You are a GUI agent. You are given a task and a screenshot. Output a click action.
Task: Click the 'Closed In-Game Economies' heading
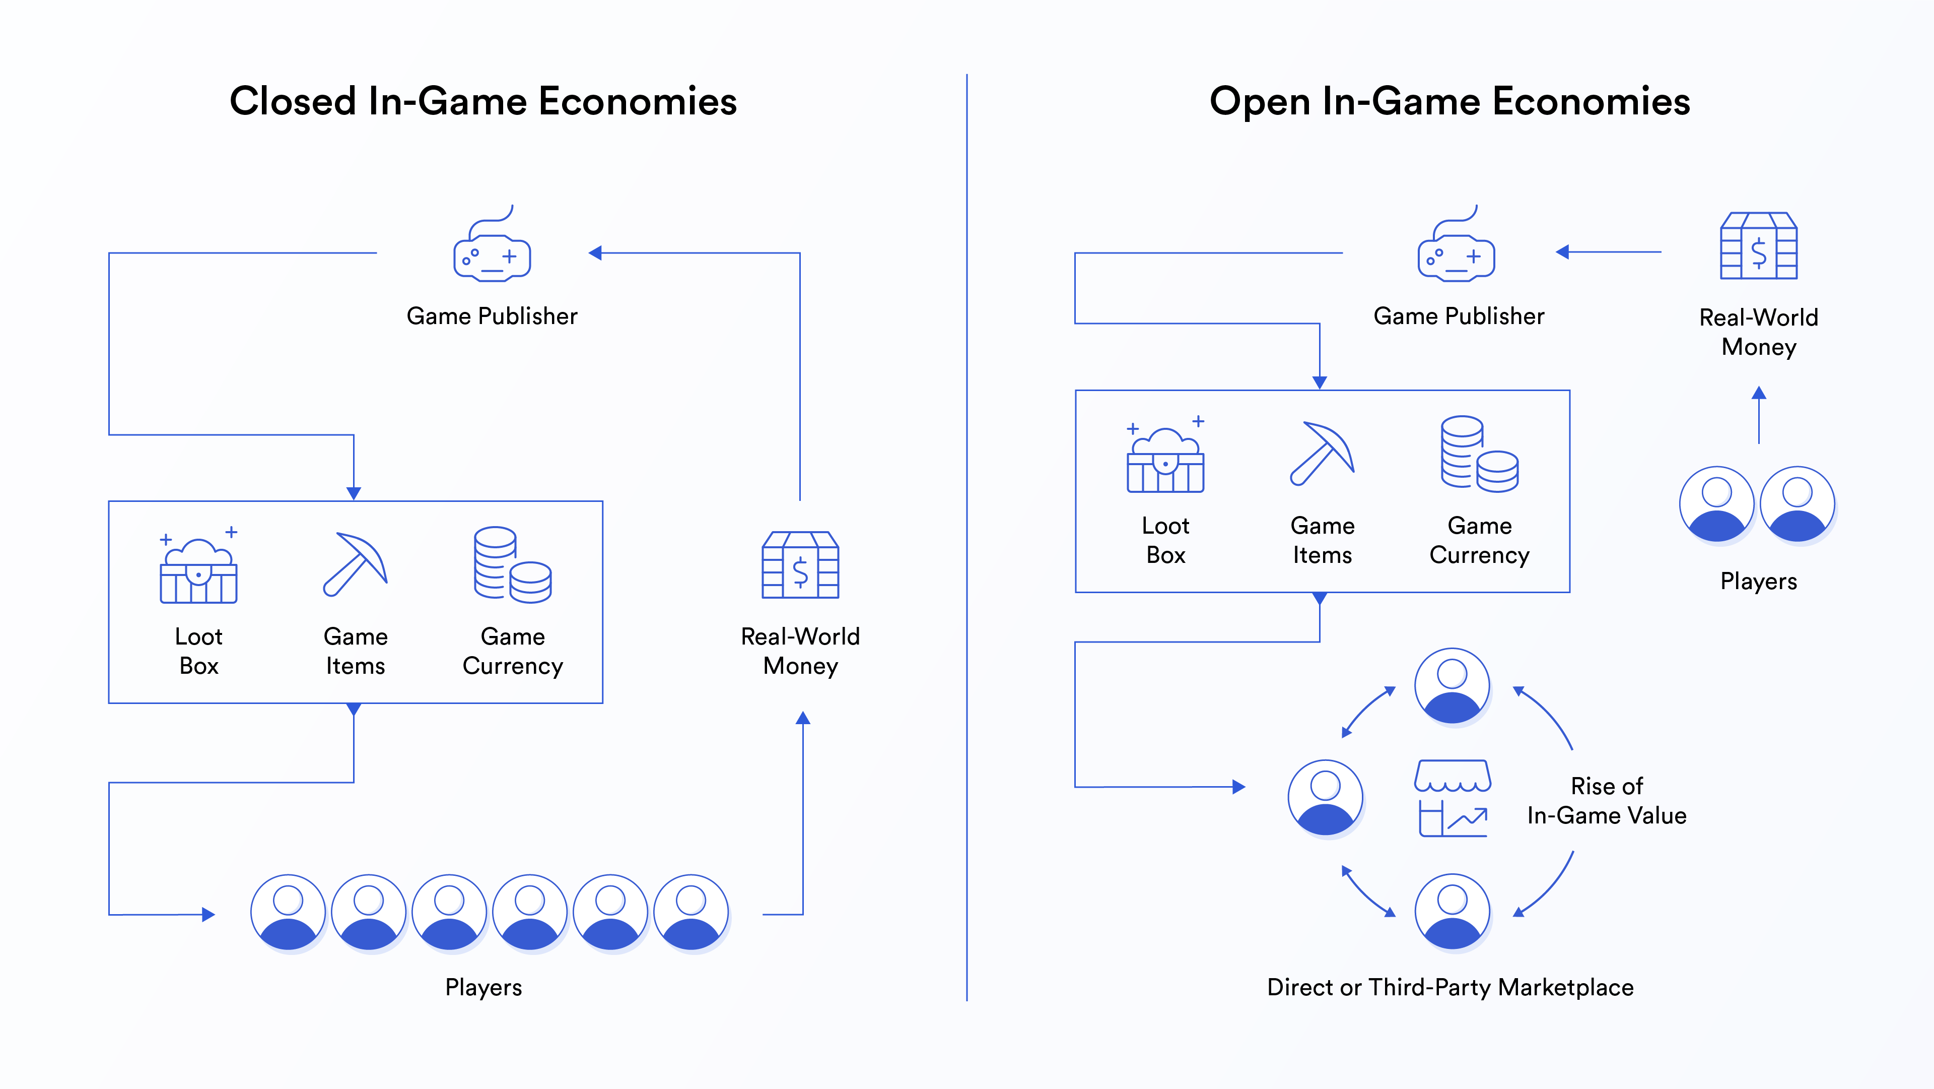tap(483, 101)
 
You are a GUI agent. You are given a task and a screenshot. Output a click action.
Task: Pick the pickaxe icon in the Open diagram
tap(1322, 455)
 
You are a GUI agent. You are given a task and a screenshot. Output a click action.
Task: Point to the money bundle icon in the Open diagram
tap(1758, 246)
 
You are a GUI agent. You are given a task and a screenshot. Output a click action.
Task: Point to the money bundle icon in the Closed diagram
tap(800, 565)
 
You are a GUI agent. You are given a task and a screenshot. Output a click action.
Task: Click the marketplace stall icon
tap(1452, 798)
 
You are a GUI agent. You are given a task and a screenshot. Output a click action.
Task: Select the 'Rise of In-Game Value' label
tap(1607, 801)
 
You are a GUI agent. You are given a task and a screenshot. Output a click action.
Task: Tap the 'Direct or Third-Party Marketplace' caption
tap(1450, 987)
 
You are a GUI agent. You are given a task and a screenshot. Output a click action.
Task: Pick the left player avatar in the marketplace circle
tap(1325, 798)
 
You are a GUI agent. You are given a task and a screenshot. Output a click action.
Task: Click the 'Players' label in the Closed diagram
tap(483, 987)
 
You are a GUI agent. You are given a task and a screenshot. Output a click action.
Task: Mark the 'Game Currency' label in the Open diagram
tap(1479, 540)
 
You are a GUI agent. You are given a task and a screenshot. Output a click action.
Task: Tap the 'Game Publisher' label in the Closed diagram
tap(492, 316)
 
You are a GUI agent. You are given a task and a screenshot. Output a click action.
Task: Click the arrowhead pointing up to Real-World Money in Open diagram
tap(1758, 393)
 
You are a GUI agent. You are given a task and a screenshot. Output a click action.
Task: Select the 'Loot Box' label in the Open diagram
tap(1165, 540)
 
